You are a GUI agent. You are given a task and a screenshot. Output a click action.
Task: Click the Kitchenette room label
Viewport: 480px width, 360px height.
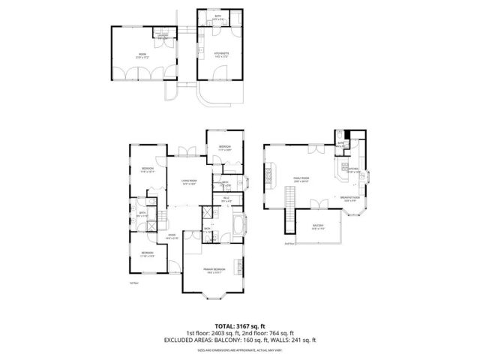(x=220, y=54)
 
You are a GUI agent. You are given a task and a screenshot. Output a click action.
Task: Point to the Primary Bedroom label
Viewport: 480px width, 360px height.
(x=214, y=270)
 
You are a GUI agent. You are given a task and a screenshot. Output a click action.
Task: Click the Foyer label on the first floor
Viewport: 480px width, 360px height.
(x=172, y=238)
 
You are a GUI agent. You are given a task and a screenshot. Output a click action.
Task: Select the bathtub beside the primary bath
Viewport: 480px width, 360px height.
(x=238, y=226)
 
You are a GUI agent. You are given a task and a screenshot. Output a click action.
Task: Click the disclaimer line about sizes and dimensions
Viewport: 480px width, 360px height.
(x=240, y=350)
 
